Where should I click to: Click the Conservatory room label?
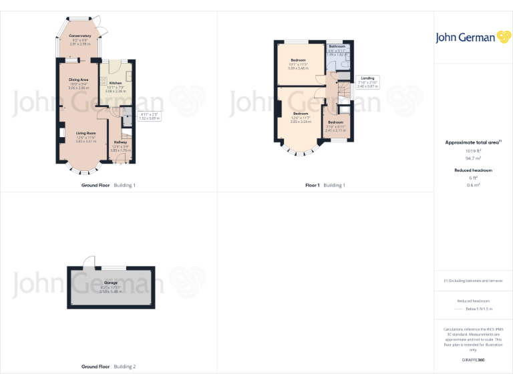80,35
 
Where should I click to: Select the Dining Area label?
79,80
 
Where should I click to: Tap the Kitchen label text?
116,83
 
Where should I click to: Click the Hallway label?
120,142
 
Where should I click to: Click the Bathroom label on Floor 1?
337,46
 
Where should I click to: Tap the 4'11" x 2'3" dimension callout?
149,116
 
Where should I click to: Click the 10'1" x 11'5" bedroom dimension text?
298,64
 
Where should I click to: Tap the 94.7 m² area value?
474,159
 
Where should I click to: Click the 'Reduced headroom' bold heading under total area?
474,170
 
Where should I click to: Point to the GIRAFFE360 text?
474,360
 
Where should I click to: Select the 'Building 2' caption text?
125,366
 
